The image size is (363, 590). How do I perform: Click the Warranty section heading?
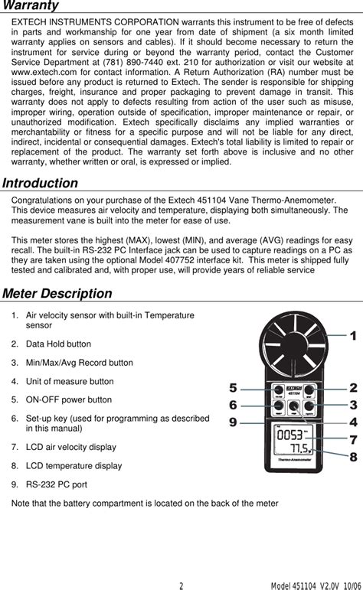(30, 6)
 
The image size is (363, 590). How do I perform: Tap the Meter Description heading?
(57, 294)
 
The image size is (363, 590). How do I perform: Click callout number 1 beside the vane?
(353, 335)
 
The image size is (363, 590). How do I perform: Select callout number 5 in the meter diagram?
(233, 388)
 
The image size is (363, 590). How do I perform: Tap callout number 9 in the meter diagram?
(233, 421)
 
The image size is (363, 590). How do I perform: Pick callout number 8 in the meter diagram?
(353, 457)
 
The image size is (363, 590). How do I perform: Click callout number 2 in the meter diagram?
(353, 388)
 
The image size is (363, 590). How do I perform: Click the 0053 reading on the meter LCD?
(289, 435)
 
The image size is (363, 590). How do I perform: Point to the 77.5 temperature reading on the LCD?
(298, 448)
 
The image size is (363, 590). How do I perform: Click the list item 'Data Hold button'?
(58, 344)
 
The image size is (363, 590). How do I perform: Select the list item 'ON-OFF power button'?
(69, 399)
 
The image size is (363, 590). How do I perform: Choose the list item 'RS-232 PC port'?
(57, 484)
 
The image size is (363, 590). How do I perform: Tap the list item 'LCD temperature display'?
(74, 465)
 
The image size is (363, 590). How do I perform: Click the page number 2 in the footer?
(181, 586)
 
